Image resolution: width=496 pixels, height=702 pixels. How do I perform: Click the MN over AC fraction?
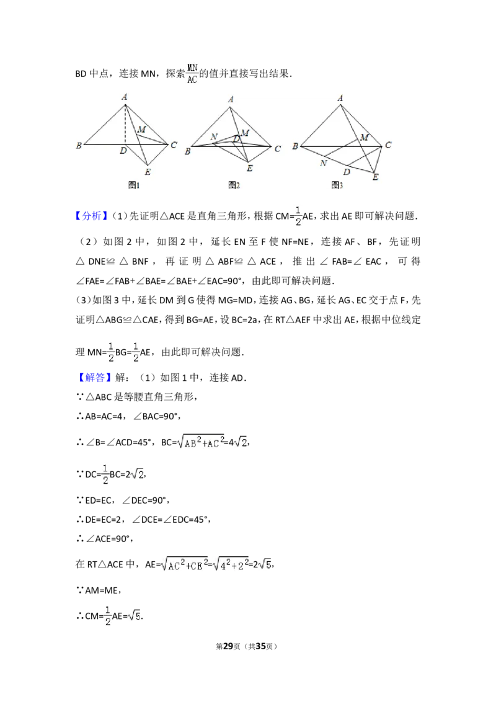click(193, 73)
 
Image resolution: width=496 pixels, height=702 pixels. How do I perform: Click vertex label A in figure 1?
click(125, 96)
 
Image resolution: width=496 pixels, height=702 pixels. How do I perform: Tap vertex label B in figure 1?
click(79, 146)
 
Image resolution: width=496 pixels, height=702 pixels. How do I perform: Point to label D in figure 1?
click(123, 151)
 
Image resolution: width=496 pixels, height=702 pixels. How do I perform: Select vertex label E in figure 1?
click(147, 172)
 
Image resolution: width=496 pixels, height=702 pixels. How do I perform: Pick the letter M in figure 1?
click(141, 129)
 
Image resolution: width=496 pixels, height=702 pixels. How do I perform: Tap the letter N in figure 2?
click(214, 136)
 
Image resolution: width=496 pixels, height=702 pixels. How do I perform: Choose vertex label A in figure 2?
click(231, 99)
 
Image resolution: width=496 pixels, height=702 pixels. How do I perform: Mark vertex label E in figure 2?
click(249, 168)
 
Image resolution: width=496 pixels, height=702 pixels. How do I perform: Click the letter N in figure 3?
click(323, 163)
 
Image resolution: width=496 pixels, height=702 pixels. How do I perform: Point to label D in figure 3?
click(347, 171)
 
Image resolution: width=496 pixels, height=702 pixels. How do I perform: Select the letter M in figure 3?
click(365, 136)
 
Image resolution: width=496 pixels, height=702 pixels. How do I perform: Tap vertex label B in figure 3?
click(295, 146)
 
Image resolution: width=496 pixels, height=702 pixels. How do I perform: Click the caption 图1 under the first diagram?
click(133, 185)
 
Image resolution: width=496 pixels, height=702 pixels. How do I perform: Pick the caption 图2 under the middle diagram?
click(234, 185)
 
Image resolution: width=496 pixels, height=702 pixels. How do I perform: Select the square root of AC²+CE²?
click(184, 564)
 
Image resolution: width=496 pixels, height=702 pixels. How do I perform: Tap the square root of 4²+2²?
click(231, 564)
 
